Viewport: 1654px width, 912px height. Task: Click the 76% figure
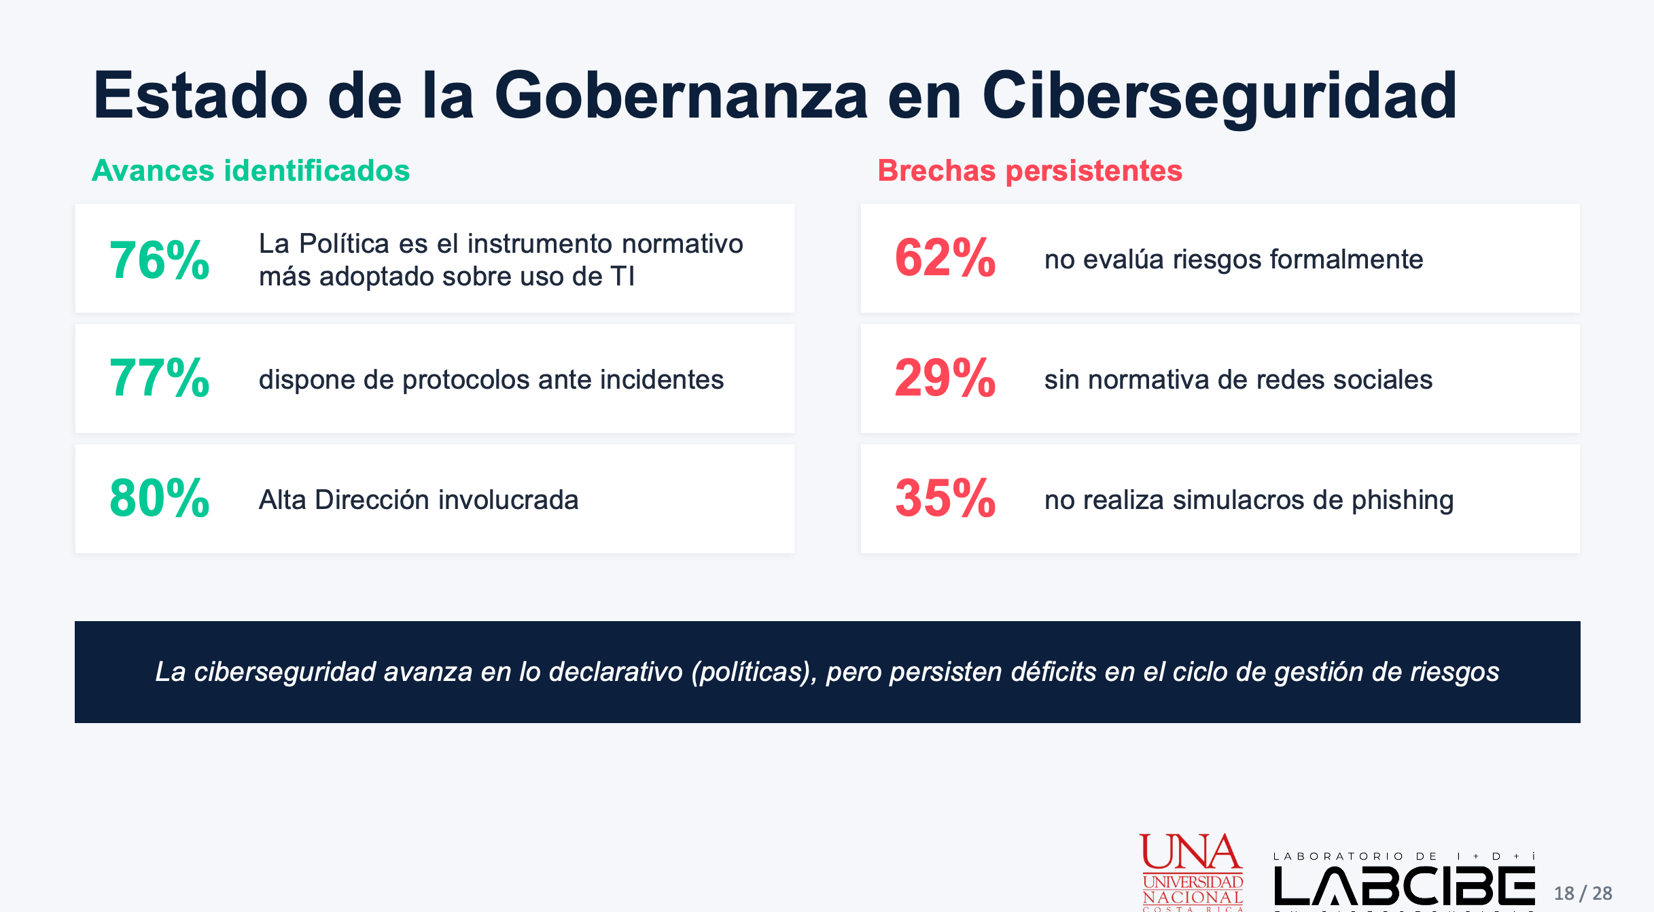pos(160,260)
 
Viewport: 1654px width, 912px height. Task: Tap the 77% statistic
pos(160,379)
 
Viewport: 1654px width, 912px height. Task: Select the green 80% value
pos(160,498)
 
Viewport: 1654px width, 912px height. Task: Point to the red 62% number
pos(945,258)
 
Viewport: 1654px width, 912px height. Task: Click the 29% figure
pos(945,379)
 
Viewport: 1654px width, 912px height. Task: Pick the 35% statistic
pos(945,498)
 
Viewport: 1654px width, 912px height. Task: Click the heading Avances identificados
pos(251,171)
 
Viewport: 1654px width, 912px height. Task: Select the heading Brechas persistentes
pos(1030,171)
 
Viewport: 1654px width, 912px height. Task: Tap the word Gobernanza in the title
pos(681,96)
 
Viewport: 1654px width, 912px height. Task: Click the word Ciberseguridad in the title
pos(1220,97)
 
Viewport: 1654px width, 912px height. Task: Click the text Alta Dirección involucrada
pos(419,499)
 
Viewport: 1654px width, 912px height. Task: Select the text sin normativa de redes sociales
pos(1238,379)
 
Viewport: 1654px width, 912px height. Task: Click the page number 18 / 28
pos(1583,893)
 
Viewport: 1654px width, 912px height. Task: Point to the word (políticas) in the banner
pos(754,672)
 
